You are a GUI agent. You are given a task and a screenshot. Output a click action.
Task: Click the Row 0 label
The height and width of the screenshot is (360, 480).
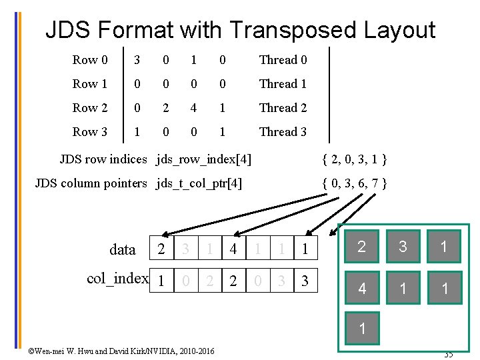[x=90, y=60]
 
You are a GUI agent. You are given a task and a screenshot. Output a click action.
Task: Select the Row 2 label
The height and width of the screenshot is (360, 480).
[x=90, y=108]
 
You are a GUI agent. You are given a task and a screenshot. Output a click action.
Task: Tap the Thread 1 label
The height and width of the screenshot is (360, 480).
[x=283, y=84]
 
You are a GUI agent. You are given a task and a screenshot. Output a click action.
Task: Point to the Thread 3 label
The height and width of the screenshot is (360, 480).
[x=283, y=132]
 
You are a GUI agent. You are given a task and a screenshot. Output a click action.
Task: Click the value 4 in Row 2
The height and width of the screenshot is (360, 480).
[x=193, y=108]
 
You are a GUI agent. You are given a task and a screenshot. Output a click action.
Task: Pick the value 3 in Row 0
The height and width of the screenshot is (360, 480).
[x=137, y=60]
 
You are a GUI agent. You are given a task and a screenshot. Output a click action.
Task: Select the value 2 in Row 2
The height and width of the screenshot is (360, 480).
[x=165, y=108]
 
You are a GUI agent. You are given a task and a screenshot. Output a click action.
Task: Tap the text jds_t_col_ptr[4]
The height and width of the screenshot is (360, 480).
[x=199, y=183]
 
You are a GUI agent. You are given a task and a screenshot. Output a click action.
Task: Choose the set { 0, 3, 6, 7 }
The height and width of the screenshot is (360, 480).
[x=354, y=183]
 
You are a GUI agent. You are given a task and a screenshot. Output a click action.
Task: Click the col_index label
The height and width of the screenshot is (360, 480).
[x=117, y=279]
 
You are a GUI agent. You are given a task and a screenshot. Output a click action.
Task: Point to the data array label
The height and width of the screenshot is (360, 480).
[x=122, y=249]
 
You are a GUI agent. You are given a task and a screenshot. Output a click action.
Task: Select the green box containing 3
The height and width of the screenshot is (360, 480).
[x=403, y=247]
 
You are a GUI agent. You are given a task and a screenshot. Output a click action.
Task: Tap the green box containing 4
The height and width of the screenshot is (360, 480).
[x=361, y=289]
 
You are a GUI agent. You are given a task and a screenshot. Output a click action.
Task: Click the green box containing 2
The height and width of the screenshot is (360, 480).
[x=361, y=247]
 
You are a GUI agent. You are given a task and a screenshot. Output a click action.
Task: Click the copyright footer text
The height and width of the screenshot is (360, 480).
[x=121, y=351]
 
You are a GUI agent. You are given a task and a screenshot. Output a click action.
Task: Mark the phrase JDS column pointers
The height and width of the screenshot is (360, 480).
[x=91, y=183]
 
